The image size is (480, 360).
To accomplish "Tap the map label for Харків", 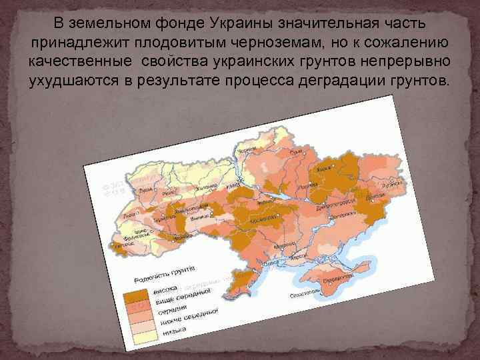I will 324,169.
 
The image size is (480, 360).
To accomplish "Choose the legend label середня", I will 171,312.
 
